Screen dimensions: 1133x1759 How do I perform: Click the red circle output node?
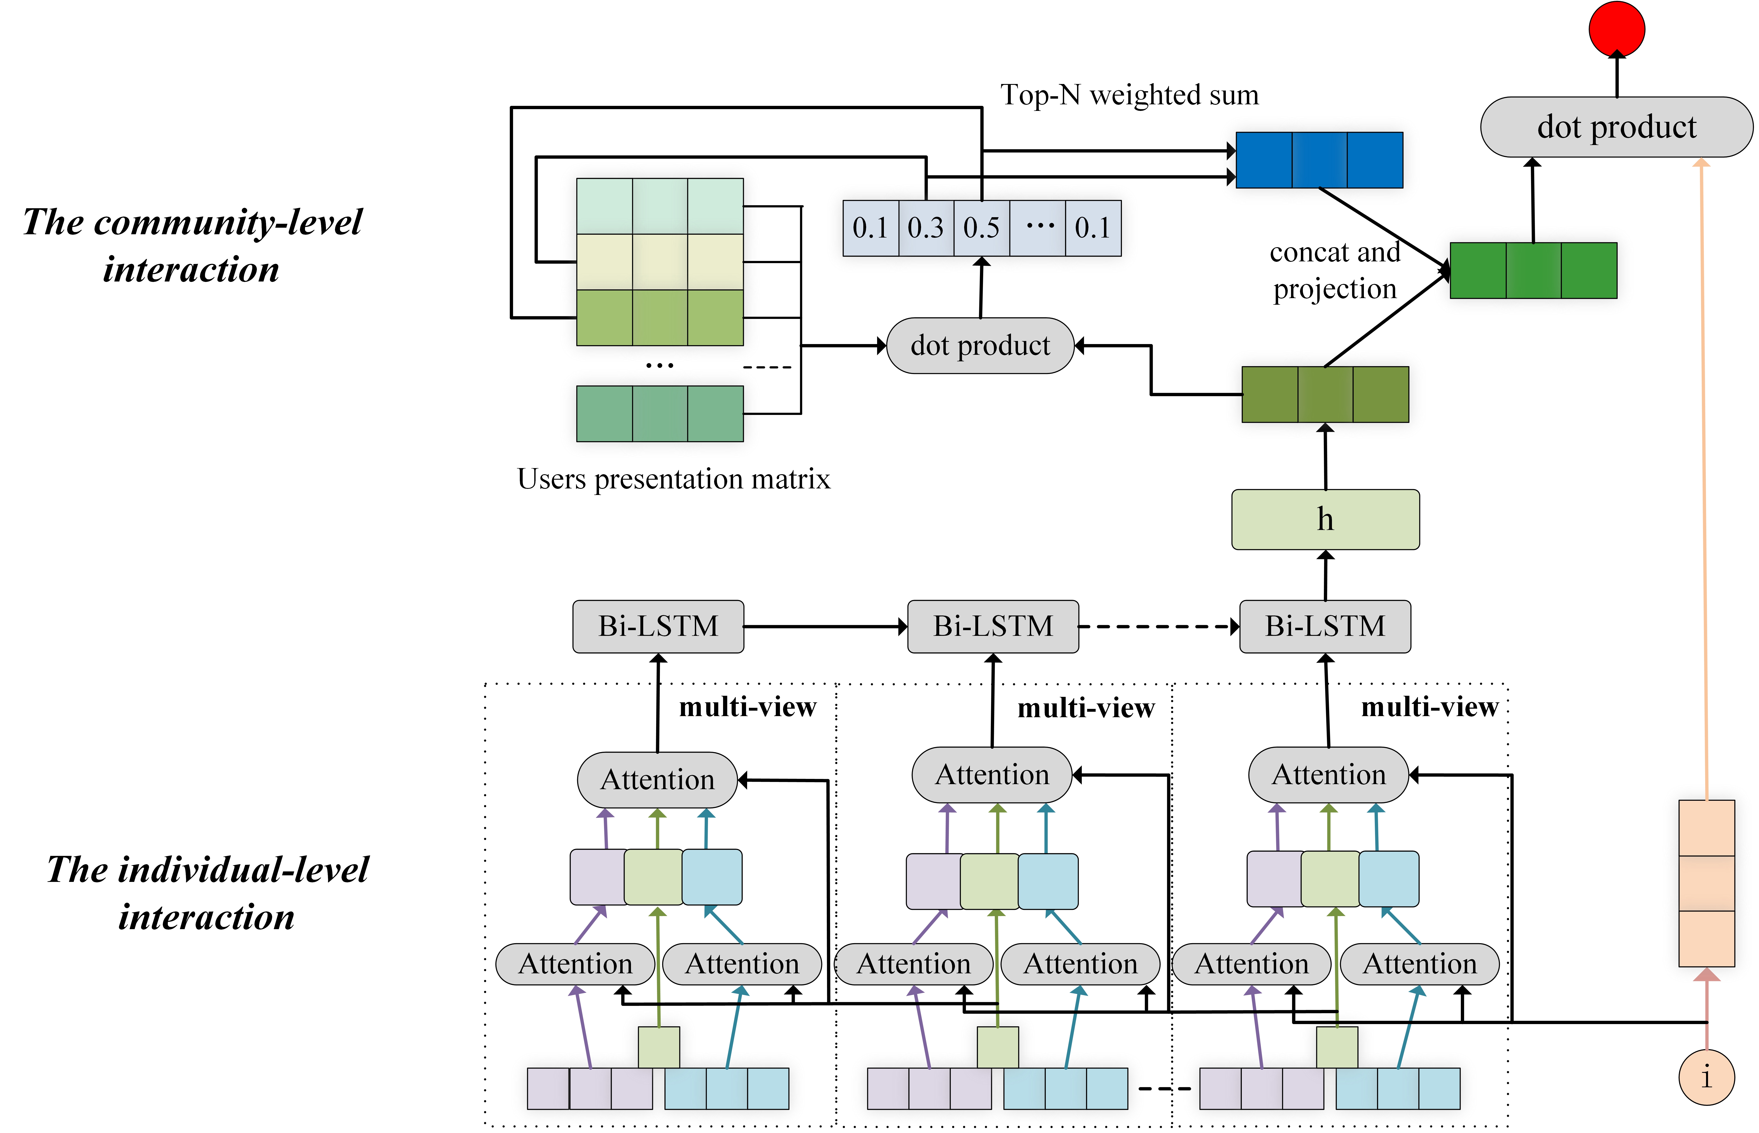pyautogui.click(x=1616, y=30)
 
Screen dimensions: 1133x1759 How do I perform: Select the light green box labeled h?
pyautogui.click(x=1325, y=519)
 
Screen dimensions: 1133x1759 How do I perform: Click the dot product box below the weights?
pyautogui.click(x=980, y=346)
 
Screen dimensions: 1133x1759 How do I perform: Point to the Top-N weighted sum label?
pyautogui.click(x=1129, y=95)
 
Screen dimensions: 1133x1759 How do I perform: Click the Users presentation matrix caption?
pyautogui.click(x=673, y=479)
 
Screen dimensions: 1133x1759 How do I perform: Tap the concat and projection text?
pyautogui.click(x=1335, y=270)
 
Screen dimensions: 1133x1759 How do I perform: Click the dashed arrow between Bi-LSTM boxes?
pyautogui.click(x=1159, y=627)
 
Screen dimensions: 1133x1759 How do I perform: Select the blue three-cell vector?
pyautogui.click(x=1319, y=160)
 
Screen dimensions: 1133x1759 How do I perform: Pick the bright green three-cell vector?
pyautogui.click(x=1533, y=271)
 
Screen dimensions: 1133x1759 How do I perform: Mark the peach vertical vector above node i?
pyautogui.click(x=1706, y=883)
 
